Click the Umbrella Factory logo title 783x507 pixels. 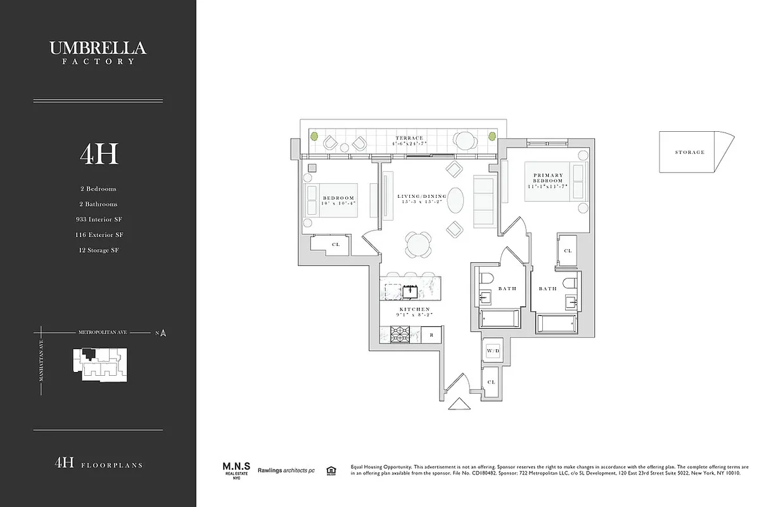tap(98, 51)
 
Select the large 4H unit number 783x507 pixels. tap(99, 153)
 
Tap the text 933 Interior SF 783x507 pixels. tap(99, 219)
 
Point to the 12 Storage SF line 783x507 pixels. tap(99, 250)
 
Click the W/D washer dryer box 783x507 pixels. tap(493, 350)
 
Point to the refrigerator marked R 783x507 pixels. tap(431, 335)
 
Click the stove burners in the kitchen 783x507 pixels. tap(400, 333)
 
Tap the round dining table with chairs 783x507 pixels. tap(418, 243)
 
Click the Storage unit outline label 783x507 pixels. tap(689, 152)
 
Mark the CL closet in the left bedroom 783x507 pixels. tap(335, 245)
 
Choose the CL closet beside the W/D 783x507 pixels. tap(492, 382)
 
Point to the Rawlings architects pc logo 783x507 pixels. tap(287, 470)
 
